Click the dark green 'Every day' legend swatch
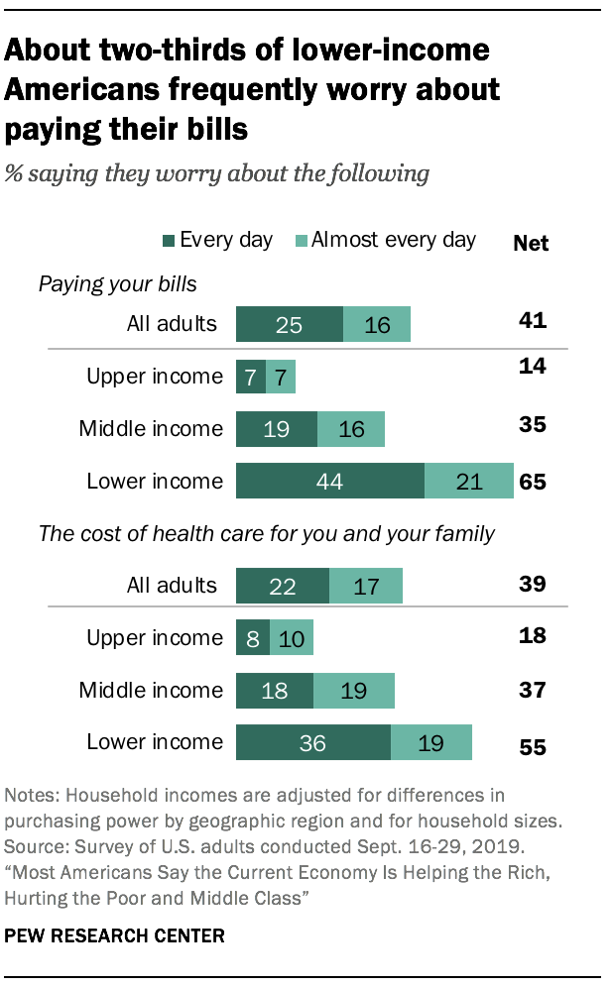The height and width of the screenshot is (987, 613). (169, 241)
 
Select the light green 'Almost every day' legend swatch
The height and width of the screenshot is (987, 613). (302, 241)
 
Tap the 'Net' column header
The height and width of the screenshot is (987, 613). (531, 243)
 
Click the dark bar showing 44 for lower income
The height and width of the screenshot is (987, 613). (329, 482)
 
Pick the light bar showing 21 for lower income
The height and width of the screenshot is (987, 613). (468, 482)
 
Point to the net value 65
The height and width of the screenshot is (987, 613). (533, 483)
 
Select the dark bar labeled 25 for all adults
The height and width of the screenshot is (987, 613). (289, 324)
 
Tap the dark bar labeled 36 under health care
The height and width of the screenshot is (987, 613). (312, 742)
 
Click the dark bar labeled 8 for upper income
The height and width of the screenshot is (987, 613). (247, 637)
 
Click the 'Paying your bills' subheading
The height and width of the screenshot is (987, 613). (118, 285)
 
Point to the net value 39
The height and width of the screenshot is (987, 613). (533, 585)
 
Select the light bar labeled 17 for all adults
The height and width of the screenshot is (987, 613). (366, 586)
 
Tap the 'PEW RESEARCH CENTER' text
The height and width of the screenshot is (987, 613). (114, 934)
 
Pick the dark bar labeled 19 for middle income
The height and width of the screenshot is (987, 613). (276, 429)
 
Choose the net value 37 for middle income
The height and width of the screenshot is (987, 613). (533, 690)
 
